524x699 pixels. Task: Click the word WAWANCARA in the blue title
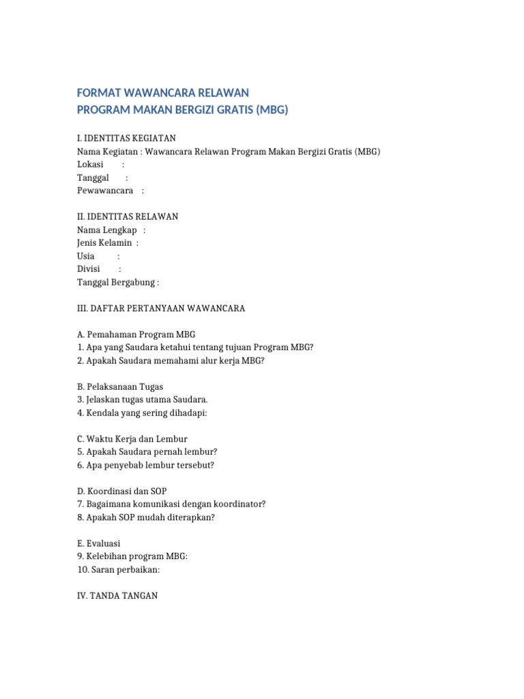(155, 92)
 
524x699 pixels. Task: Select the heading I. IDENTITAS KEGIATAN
(126, 139)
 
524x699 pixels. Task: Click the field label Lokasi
(90, 165)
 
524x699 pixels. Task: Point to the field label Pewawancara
(105, 190)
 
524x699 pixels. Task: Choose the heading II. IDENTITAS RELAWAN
(128, 216)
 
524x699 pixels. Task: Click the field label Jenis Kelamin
(104, 243)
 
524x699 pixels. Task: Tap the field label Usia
(86, 256)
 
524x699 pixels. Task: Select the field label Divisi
(89, 269)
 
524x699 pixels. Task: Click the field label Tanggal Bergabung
(117, 282)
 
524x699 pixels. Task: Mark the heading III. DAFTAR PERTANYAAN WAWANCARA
(161, 309)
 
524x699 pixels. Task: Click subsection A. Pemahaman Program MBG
(136, 334)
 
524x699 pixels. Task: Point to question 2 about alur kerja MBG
(171, 360)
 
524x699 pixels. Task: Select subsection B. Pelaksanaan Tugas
(120, 387)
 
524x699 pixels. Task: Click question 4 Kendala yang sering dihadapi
(142, 413)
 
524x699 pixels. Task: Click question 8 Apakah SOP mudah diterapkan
(146, 517)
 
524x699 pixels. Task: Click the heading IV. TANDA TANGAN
(117, 596)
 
